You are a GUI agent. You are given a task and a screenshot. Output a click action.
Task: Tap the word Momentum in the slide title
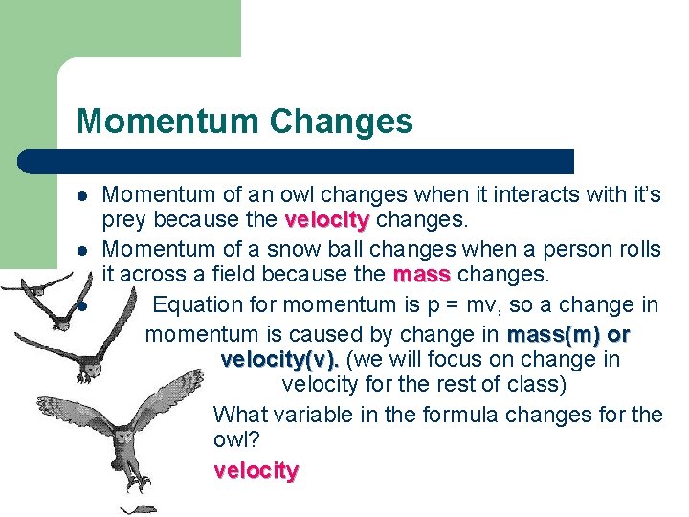tap(168, 122)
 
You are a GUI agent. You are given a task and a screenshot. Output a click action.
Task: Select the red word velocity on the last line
tap(256, 470)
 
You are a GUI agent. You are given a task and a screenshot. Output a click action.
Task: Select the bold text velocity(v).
tap(279, 360)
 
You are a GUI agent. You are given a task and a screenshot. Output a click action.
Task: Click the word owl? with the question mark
tap(237, 440)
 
